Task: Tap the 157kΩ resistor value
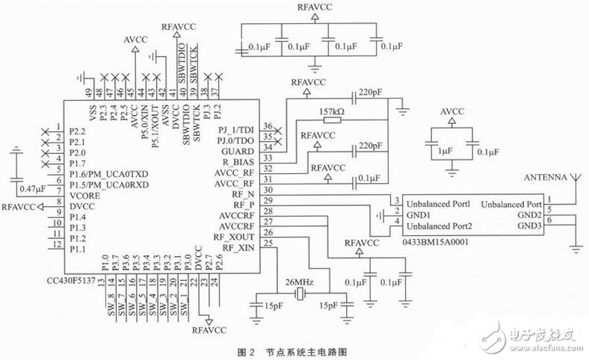[x=331, y=112]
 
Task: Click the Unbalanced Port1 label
[x=439, y=202]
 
